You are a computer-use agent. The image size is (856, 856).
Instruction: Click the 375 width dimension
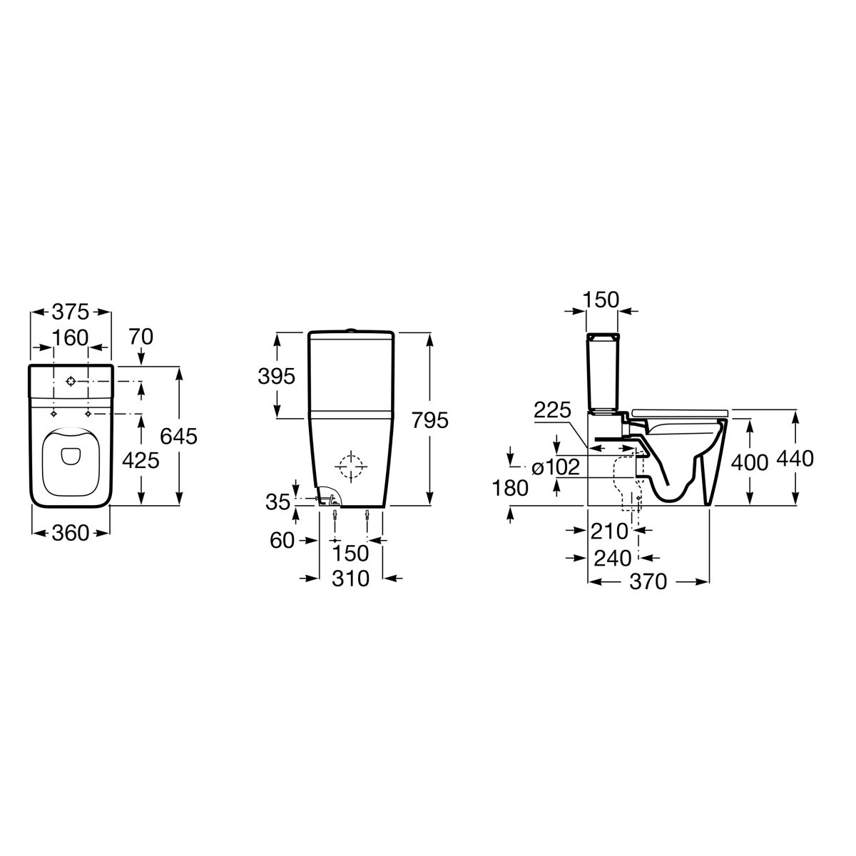point(71,312)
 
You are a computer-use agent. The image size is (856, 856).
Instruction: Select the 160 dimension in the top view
point(71,338)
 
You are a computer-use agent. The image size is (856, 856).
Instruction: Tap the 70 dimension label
point(141,337)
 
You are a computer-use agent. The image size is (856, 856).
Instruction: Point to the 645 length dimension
point(178,437)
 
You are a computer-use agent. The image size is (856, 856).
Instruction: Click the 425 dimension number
point(141,461)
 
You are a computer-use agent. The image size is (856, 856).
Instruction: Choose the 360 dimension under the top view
point(71,533)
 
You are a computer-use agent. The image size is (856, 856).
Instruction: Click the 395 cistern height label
point(276,377)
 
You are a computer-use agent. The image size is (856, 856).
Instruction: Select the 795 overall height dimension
point(430,420)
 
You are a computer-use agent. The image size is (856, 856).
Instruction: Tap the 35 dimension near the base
point(277,502)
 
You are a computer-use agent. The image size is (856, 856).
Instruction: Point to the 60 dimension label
point(282,541)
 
